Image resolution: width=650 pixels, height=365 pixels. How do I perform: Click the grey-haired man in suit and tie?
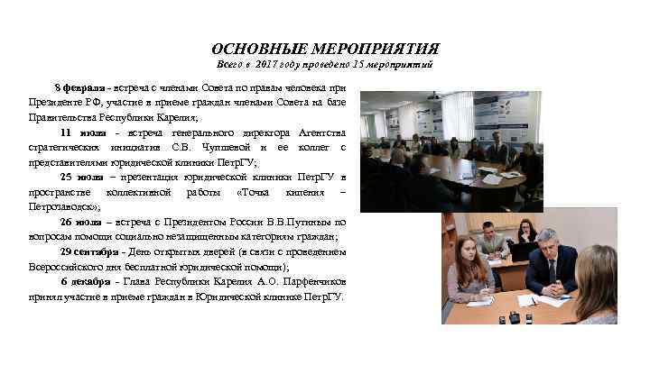point(551,261)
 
